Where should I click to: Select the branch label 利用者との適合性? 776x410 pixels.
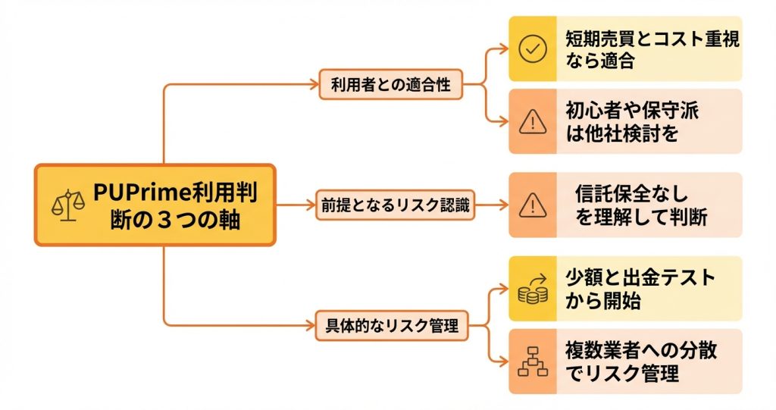pyautogui.click(x=390, y=84)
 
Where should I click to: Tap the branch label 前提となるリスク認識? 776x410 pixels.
pyautogui.click(x=394, y=205)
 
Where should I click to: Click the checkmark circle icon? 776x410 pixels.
pyautogui.click(x=533, y=49)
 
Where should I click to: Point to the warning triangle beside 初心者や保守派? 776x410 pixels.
pyautogui.click(x=533, y=122)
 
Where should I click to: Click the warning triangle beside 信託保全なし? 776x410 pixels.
pyautogui.click(x=533, y=205)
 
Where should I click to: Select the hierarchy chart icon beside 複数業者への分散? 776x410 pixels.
pyautogui.click(x=533, y=362)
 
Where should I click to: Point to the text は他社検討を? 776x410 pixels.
pyautogui.click(x=621, y=135)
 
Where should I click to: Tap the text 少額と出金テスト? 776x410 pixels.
pyautogui.click(x=640, y=277)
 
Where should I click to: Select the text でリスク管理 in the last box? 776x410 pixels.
pyautogui.click(x=621, y=374)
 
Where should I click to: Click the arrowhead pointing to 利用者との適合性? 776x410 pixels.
pyautogui.click(x=313, y=84)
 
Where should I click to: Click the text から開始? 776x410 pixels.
pyautogui.click(x=603, y=301)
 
